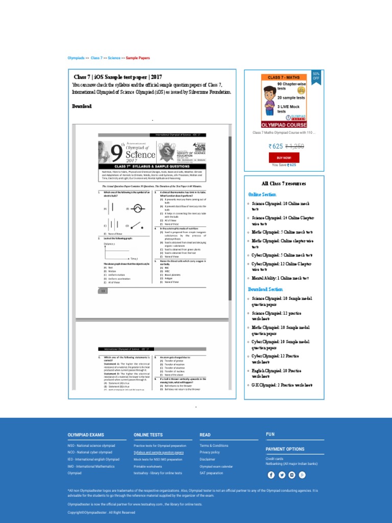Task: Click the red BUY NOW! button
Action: click(x=284, y=158)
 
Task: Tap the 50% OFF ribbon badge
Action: click(x=316, y=76)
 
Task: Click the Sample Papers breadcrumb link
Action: click(x=138, y=58)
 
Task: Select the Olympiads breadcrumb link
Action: click(x=77, y=58)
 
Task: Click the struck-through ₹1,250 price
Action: click(x=295, y=146)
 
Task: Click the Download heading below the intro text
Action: click(x=82, y=106)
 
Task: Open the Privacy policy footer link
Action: click(x=210, y=453)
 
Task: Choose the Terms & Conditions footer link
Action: click(x=214, y=445)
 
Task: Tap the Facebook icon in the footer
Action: click(x=272, y=474)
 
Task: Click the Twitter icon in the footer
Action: click(x=282, y=474)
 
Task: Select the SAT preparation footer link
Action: click(x=211, y=473)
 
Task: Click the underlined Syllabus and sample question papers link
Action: click(x=159, y=453)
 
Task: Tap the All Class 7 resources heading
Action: click(x=284, y=183)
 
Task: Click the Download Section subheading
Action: click(x=265, y=289)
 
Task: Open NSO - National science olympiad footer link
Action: click(x=91, y=445)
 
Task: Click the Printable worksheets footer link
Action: click(x=148, y=466)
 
